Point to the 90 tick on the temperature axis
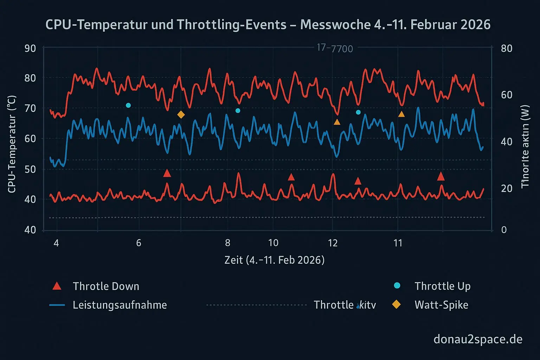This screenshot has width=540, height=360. click(30, 48)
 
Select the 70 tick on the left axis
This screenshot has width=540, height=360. click(30, 108)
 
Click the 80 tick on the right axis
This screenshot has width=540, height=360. click(507, 48)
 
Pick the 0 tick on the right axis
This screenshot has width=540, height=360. click(504, 230)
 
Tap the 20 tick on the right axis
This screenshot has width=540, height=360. click(507, 188)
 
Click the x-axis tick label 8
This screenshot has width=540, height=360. click(228, 243)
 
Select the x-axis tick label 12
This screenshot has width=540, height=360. click(333, 243)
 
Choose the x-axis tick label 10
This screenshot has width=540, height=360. click(273, 243)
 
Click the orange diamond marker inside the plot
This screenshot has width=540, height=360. click(181, 115)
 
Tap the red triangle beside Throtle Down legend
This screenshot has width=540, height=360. click(57, 286)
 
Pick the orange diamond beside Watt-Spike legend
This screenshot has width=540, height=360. click(396, 304)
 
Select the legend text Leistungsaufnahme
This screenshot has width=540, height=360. click(120, 305)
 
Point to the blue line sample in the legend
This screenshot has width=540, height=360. click(57, 305)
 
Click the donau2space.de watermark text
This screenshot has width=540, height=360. click(478, 339)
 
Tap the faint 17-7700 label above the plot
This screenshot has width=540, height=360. click(335, 48)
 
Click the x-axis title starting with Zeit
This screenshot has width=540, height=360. click(274, 260)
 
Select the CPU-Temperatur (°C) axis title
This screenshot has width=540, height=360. click(12, 144)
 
